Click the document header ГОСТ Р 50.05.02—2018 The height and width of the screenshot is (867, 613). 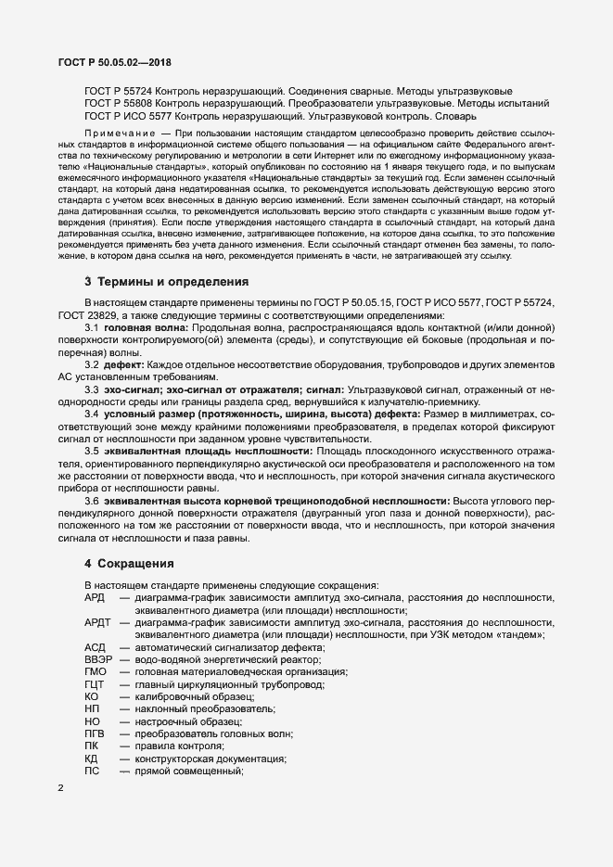(110, 62)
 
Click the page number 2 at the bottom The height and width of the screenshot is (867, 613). (61, 788)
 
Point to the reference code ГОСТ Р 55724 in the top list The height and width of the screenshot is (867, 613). (119, 94)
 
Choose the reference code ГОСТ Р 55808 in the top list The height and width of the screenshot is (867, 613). (119, 106)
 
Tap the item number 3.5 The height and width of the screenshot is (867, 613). (92, 449)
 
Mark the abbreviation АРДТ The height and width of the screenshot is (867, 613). (99, 622)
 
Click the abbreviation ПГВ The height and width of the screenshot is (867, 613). (96, 733)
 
